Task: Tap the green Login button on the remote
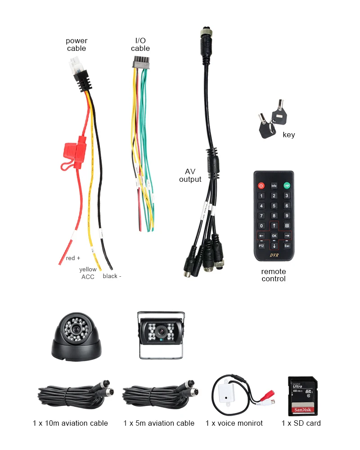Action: [286, 185]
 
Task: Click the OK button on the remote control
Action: [274, 235]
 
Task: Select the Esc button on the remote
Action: [287, 246]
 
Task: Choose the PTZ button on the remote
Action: [261, 246]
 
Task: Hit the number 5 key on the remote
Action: [274, 206]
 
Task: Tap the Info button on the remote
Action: [274, 185]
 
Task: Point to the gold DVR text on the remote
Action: [274, 255]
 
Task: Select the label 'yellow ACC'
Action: [88, 273]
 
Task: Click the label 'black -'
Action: [112, 276]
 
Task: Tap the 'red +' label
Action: [73, 258]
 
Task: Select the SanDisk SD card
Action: [302, 396]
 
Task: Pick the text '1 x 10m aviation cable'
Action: [70, 423]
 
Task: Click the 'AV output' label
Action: [190, 175]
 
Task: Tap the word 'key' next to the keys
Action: [289, 135]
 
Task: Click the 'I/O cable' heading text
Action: [140, 45]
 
